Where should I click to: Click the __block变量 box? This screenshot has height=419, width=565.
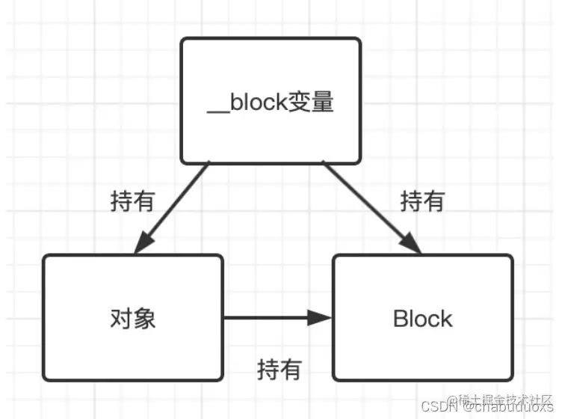coord(271,100)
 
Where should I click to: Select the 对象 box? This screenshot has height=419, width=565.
coord(133,317)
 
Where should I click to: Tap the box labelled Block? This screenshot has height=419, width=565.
coord(423,317)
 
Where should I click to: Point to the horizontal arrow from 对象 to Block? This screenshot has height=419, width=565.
coord(277,318)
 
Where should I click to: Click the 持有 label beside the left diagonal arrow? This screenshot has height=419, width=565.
coord(132,201)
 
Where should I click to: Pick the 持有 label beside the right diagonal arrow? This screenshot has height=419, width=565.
coord(422,201)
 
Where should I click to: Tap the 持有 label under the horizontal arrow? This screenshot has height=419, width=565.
coord(279,369)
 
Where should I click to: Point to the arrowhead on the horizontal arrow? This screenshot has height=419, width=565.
coord(321,318)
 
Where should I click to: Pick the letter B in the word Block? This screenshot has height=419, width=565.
coord(399,319)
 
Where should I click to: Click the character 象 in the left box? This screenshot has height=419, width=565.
coord(145,319)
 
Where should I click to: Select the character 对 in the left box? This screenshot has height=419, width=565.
coord(121,319)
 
